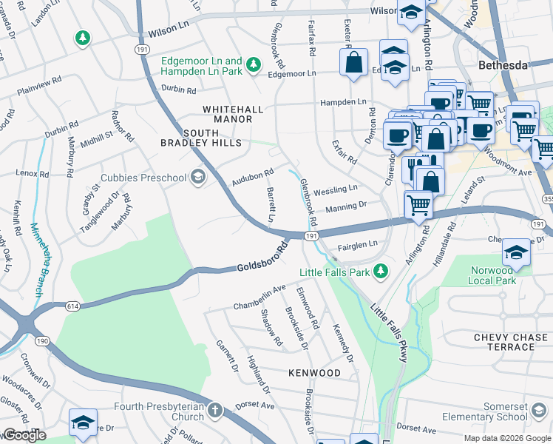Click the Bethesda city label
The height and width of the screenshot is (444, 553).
coord(503,65)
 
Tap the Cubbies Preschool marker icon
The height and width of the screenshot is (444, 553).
coord(197,177)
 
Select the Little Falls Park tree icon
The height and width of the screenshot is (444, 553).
coord(381,272)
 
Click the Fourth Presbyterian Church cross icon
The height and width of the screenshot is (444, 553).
coord(214,410)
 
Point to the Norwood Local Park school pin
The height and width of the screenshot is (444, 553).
coord(516,253)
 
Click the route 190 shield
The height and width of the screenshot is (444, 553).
coord(42,340)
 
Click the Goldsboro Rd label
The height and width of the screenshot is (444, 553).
coord(262,256)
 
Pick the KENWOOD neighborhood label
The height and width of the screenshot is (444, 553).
coord(314,373)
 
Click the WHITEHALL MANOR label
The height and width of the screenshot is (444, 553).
coord(233,114)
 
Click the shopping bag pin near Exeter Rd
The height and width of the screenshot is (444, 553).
coord(354,63)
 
